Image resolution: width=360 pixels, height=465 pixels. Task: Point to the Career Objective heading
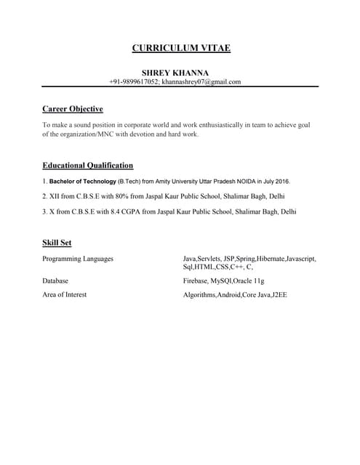[x=72, y=109]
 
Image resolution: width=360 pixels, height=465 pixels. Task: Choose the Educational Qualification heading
[x=87, y=165]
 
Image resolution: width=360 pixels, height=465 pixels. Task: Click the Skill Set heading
[x=57, y=242]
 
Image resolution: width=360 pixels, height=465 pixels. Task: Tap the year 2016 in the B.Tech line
[x=281, y=181]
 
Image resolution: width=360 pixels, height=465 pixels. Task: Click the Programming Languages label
[x=77, y=259]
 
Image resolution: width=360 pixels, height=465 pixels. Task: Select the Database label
[x=56, y=280]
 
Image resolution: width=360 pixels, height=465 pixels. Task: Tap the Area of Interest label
[x=64, y=295]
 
